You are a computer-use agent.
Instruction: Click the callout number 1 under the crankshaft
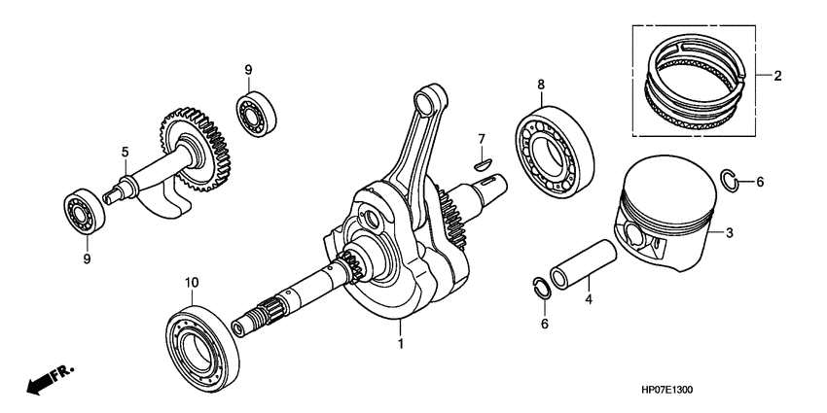[399, 343]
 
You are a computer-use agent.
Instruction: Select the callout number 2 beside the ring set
[777, 75]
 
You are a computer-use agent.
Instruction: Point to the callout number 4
[588, 301]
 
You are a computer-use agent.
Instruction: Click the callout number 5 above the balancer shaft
[125, 152]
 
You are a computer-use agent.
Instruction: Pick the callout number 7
[480, 143]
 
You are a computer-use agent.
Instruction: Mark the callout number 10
[192, 282]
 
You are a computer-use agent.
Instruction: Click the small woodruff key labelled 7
[479, 165]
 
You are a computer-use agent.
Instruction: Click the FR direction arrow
[48, 380]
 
